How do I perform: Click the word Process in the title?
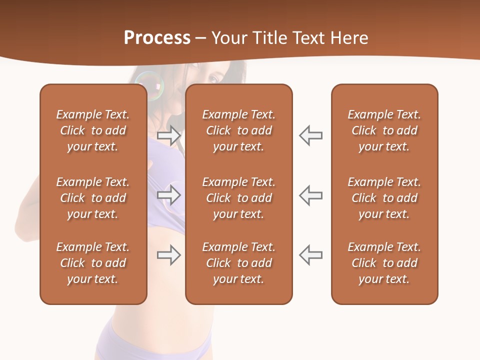coord(157,38)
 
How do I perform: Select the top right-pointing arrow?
coord(168,135)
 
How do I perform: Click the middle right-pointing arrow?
coord(168,195)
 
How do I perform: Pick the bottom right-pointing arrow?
coord(168,255)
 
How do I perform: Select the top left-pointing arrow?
coord(311,135)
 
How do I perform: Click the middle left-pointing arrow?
coord(311,195)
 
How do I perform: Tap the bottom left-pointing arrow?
coord(311,255)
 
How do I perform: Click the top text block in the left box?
coord(93,130)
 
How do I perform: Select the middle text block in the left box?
coord(93,198)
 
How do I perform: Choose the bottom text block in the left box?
coord(93,263)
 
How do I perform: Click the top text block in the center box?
coord(239,130)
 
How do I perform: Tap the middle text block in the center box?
coord(239,198)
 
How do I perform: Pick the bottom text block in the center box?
coord(239,263)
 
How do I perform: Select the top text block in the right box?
coord(384,130)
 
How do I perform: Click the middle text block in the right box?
coord(384,198)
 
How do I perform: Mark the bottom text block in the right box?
coord(384,263)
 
